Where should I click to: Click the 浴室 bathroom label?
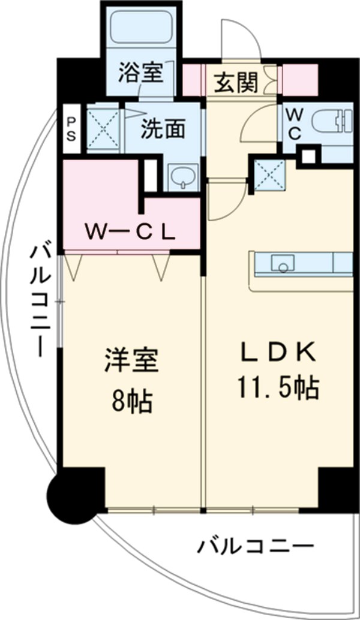140,73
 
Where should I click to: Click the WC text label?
294,124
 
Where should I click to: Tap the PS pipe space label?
71,128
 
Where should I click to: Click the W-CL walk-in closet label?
129,230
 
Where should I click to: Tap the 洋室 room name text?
131,363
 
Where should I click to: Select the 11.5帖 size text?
278,389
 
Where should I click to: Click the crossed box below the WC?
269,176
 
